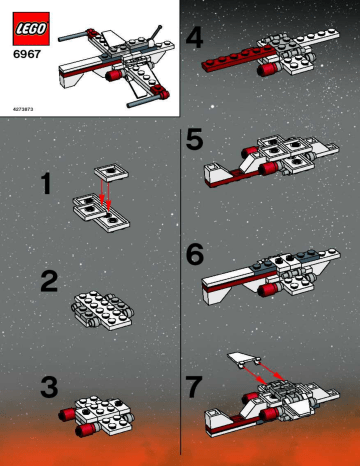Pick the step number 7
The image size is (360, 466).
coord(196,382)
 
